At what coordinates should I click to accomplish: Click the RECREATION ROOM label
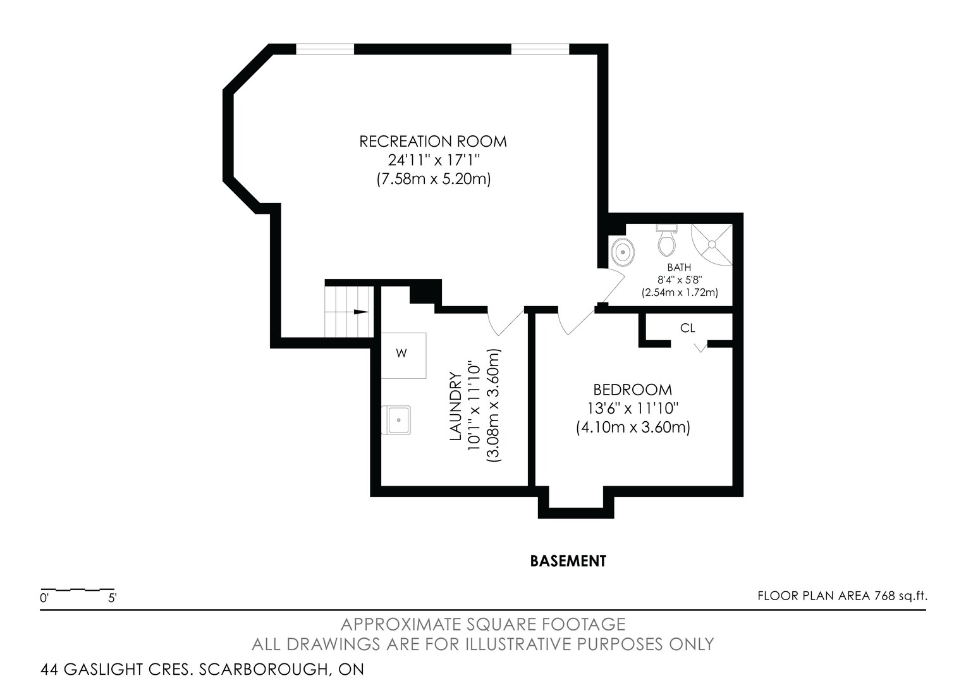coord(433,142)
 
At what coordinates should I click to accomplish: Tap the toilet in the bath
coord(667,240)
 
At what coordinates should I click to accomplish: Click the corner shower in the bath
coord(712,245)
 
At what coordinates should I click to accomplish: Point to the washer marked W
coord(403,355)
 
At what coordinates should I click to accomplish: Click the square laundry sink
coord(396,420)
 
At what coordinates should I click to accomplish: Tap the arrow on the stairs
coord(360,312)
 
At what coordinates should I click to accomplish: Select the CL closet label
coord(687,328)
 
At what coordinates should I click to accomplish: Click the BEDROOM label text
coord(633,390)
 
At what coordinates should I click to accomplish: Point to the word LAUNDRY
coord(455,406)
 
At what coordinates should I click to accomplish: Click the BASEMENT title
coord(568,561)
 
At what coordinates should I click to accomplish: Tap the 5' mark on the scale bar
coord(112,598)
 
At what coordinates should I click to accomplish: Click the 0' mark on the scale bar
coord(44,598)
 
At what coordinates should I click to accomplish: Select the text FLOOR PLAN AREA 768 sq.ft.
coord(842,596)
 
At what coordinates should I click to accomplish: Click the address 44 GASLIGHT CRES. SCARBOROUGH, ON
coord(202,669)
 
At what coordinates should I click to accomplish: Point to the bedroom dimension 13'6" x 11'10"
coord(633,408)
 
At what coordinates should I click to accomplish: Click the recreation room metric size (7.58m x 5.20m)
coord(434,178)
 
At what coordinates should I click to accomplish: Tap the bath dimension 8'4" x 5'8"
coord(679,280)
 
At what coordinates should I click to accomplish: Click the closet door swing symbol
coord(700,347)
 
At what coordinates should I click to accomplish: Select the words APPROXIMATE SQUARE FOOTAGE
coord(483,624)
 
